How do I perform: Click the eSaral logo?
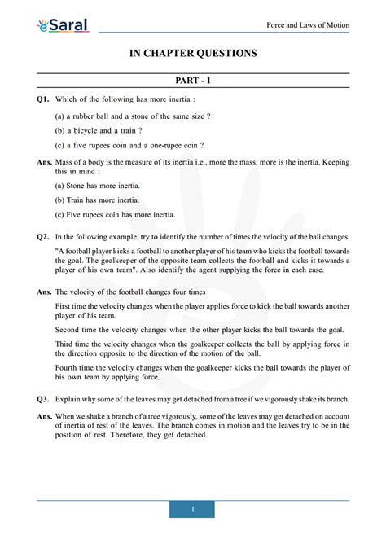pyautogui.click(x=62, y=26)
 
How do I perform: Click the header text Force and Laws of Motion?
pyautogui.click(x=308, y=25)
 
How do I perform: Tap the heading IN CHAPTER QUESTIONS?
pyautogui.click(x=193, y=54)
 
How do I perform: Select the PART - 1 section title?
pyautogui.click(x=193, y=81)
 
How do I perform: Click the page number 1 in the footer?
pyautogui.click(x=193, y=509)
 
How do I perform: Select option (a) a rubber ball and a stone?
pyautogui.click(x=133, y=116)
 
